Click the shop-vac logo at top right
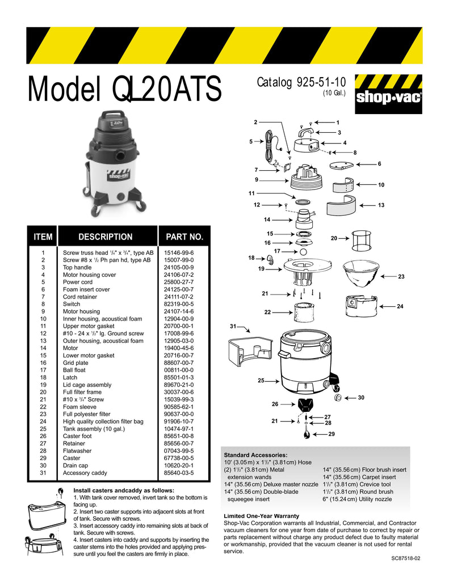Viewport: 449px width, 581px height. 388,94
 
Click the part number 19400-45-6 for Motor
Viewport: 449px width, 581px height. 179,348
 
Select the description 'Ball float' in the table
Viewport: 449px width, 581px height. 74,370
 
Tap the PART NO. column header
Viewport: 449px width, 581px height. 184,237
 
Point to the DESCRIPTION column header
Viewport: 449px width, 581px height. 106,237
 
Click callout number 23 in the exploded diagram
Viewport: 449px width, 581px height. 401,276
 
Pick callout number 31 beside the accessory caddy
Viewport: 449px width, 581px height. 233,326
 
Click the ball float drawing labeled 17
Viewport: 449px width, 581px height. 303,252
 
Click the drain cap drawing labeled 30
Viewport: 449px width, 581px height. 338,398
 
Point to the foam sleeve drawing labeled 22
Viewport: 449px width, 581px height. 304,313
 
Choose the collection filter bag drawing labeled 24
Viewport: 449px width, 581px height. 361,306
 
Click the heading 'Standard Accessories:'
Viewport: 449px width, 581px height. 255,455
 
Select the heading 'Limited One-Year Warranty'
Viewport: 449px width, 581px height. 261,516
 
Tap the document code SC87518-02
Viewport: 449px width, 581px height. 406,558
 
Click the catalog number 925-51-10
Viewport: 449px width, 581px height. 321,82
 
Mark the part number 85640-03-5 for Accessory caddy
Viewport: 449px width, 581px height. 179,473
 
